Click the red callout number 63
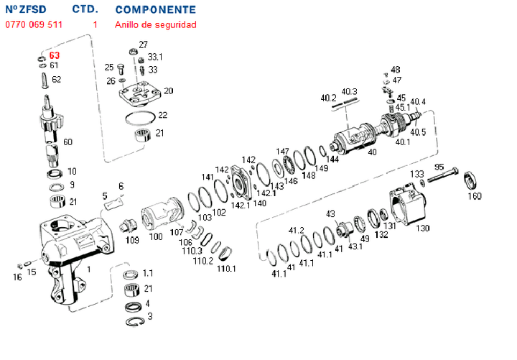click(55, 55)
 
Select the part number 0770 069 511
click(34, 24)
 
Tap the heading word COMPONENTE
click(155, 10)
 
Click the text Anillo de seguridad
click(155, 24)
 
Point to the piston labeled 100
click(162, 215)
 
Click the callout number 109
click(132, 239)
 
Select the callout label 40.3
click(349, 91)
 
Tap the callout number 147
click(283, 151)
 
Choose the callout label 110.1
click(226, 269)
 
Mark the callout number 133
click(416, 174)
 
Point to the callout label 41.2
click(296, 231)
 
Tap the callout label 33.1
click(155, 57)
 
